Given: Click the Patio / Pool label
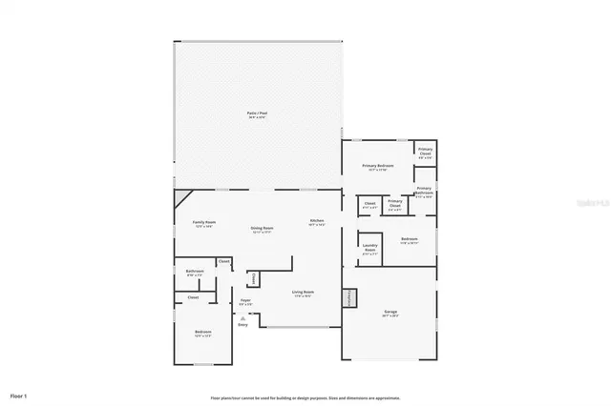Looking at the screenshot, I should click(x=256, y=113).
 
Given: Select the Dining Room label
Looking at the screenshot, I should click(x=262, y=229).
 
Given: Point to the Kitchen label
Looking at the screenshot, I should click(x=316, y=222).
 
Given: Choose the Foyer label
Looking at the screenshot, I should click(x=245, y=301).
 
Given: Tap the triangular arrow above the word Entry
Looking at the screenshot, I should click(x=242, y=317).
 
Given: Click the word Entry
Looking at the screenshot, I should click(x=242, y=325).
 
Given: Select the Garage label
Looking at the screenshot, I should click(x=390, y=312).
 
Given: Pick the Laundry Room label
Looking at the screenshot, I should click(x=370, y=251).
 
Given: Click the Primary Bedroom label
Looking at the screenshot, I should click(x=377, y=166).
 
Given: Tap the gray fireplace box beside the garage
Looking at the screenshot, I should click(x=350, y=297).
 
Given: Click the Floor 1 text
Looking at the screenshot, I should click(x=19, y=395).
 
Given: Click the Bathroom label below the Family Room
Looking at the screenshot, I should click(x=194, y=272).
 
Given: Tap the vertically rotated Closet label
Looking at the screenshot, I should click(x=253, y=278).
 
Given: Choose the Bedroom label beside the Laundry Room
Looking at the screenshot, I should click(x=409, y=239).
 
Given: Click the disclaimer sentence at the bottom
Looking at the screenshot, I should click(x=305, y=397).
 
